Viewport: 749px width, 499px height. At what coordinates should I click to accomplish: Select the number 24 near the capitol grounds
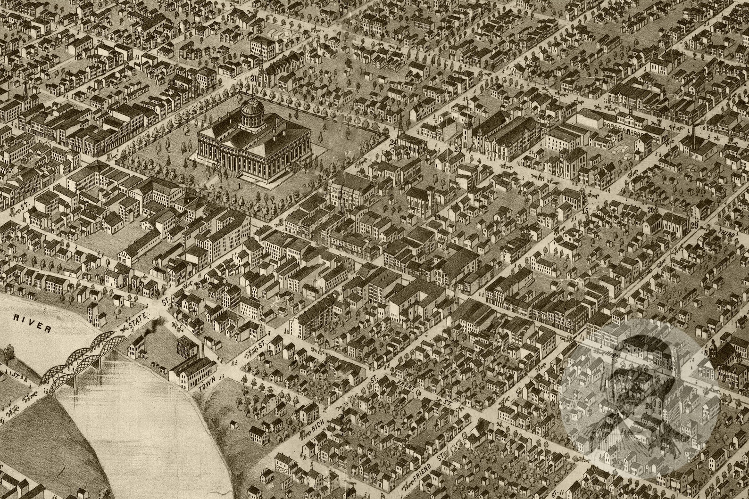(392, 142)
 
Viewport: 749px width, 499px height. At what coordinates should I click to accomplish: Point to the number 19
(438, 217)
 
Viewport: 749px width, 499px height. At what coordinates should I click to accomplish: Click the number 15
(585, 210)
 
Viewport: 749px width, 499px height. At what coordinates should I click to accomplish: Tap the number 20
(651, 209)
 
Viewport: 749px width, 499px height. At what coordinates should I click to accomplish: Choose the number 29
(694, 225)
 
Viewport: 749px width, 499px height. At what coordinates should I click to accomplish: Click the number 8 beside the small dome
(707, 352)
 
